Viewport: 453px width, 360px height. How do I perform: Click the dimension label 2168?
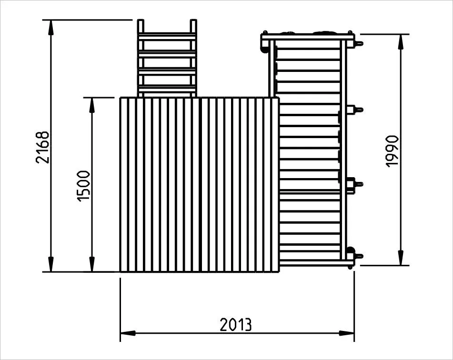(x=43, y=147)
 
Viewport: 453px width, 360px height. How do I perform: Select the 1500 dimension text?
(x=84, y=186)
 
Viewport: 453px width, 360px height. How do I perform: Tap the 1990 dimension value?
(x=393, y=151)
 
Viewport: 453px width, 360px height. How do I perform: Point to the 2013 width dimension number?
(x=236, y=324)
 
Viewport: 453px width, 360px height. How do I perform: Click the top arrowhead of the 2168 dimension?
(x=51, y=28)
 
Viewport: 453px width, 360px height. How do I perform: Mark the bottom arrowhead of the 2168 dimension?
(x=51, y=264)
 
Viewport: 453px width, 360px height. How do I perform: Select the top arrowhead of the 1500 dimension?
(x=92, y=105)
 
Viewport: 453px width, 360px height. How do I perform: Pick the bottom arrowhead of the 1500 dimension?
(x=92, y=264)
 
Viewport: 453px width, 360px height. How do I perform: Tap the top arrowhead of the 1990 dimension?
(x=401, y=42)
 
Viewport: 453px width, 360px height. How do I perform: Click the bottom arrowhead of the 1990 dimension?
(x=401, y=258)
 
